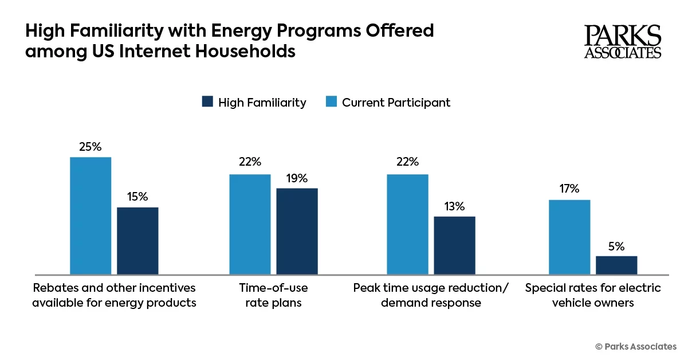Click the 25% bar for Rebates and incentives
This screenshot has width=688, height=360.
pyautogui.click(x=91, y=216)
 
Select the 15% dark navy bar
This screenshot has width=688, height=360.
pyautogui.click(x=137, y=241)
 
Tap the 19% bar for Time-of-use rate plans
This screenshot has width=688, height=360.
pyautogui.click(x=297, y=231)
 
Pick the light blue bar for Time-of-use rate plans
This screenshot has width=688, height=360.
pyautogui.click(x=250, y=224)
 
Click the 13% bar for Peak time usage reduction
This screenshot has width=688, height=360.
pyautogui.click(x=454, y=245)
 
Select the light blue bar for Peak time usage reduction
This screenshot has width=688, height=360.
pyautogui.click(x=407, y=224)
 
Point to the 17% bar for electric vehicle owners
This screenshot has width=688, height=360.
pyautogui.click(x=569, y=237)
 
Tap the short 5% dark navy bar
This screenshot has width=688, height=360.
pyautogui.click(x=616, y=265)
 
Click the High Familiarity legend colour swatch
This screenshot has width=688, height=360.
pyautogui.click(x=207, y=102)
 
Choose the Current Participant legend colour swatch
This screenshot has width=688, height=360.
pyautogui.click(x=331, y=102)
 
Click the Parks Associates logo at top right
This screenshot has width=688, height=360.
pyautogui.click(x=622, y=42)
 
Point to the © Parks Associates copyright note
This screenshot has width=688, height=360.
pyautogui.click(x=636, y=346)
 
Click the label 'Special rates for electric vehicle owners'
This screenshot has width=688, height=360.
pyautogui.click(x=593, y=295)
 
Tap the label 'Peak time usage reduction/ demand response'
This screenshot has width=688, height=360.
pyautogui.click(x=431, y=295)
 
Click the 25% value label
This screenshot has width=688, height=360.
pyautogui.click(x=91, y=147)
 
